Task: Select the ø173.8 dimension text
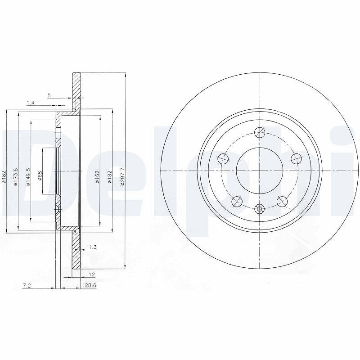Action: (15, 176)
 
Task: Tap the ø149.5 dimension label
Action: (28, 176)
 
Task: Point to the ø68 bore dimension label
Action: (40, 175)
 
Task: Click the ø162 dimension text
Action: (97, 176)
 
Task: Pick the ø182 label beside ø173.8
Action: (4, 176)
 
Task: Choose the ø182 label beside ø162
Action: (109, 176)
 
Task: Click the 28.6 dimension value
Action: (90, 285)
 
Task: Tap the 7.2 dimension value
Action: (27, 285)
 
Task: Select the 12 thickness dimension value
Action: (92, 274)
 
